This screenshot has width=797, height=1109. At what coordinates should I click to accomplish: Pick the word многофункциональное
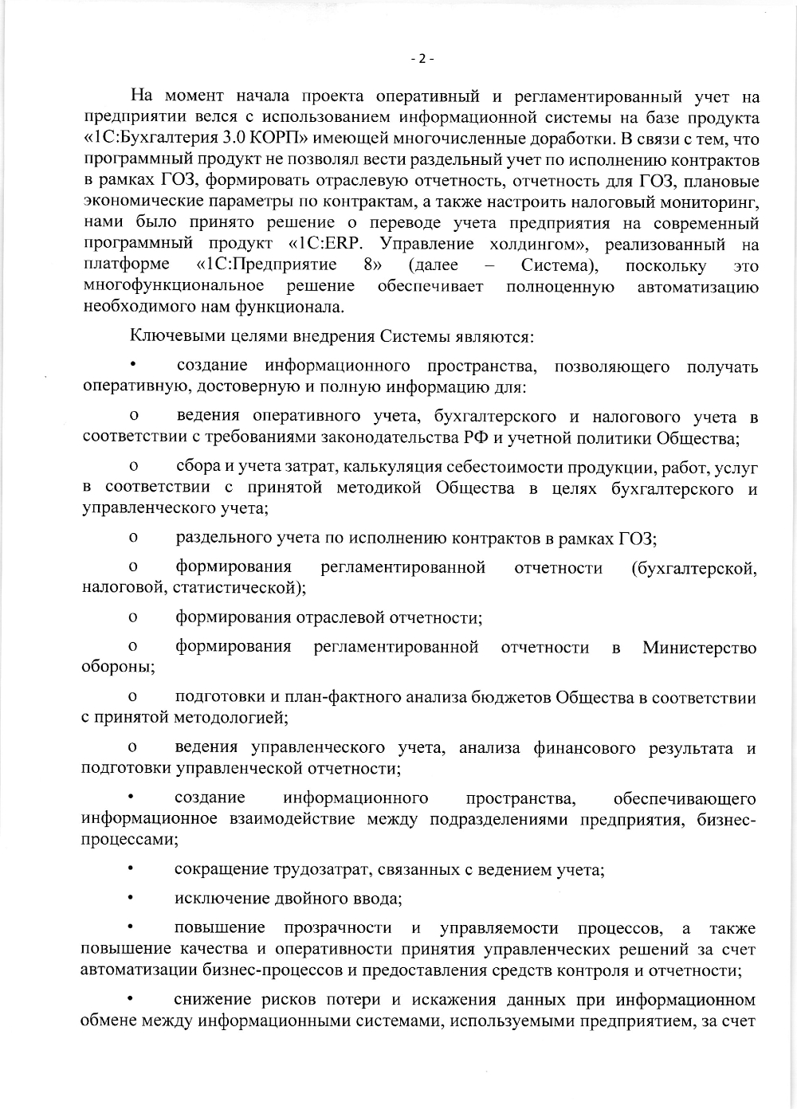173,286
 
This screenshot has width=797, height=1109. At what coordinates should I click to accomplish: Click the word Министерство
699,648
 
